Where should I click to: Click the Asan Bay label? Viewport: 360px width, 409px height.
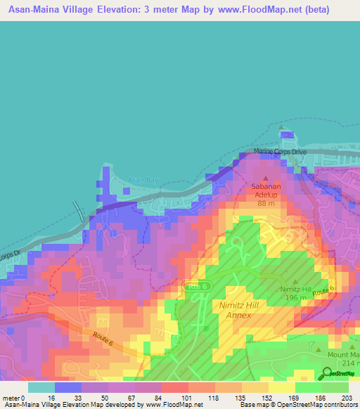[143, 181]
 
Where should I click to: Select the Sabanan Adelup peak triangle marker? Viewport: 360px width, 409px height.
[266, 178]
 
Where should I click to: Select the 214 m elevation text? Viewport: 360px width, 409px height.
[349, 363]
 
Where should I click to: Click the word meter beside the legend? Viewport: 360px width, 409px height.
[12, 397]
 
